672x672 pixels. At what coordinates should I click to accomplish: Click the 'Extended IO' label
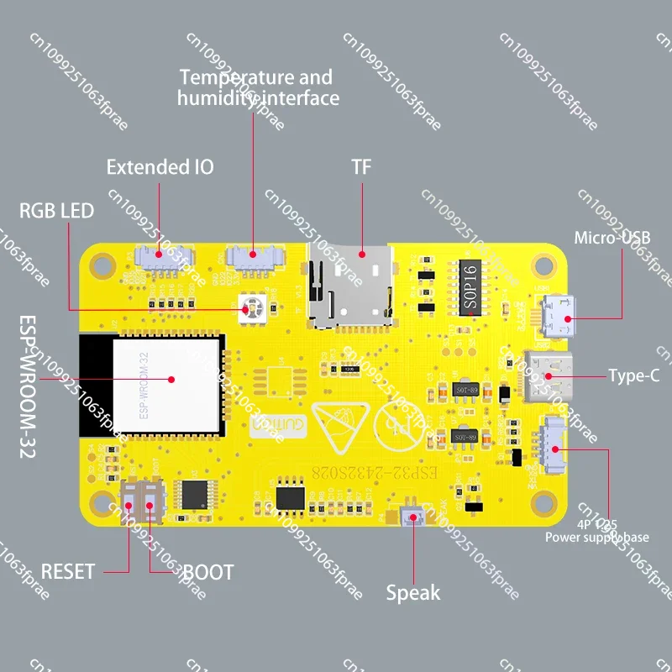[160, 167]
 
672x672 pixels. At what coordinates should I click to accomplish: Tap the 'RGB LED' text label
[57, 210]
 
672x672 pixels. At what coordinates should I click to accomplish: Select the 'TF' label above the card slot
[361, 166]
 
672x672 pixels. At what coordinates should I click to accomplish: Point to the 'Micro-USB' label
[612, 238]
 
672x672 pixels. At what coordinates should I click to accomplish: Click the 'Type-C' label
[633, 375]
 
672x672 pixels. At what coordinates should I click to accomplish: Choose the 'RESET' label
[68, 572]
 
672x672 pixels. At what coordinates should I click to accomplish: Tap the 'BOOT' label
[208, 573]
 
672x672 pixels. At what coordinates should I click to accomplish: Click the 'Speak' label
[412, 593]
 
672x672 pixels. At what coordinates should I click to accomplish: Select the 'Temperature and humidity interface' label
[257, 87]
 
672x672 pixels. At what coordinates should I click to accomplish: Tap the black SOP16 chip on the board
[470, 286]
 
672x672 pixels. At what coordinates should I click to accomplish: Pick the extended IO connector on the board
[160, 256]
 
